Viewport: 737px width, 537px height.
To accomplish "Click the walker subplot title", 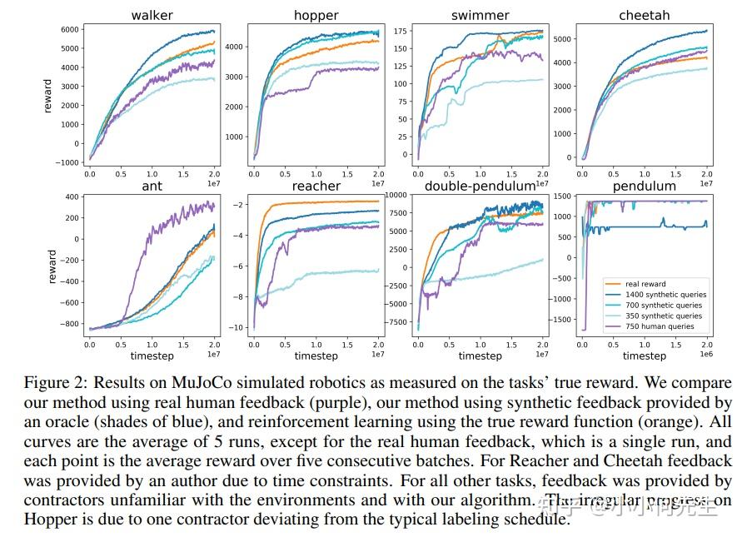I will (x=152, y=15).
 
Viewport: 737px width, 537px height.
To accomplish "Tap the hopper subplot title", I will (x=316, y=15).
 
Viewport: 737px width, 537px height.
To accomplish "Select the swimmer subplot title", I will (x=480, y=15).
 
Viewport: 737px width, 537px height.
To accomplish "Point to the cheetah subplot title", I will (x=644, y=15).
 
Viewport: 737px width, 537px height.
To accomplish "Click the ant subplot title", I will (x=152, y=186).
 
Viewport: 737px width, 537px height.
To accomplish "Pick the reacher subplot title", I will (x=316, y=186).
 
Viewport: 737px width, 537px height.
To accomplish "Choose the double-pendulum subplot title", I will (x=480, y=186).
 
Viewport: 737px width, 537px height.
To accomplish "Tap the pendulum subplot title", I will (x=644, y=186).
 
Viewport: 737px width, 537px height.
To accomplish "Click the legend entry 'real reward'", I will (x=645, y=284).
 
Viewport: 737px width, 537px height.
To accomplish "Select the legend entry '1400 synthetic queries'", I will (x=665, y=295).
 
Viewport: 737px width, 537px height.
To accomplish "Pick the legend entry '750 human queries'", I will (x=659, y=327).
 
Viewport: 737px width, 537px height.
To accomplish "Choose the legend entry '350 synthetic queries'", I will (x=664, y=316).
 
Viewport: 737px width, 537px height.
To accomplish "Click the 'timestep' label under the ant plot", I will (x=152, y=356).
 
